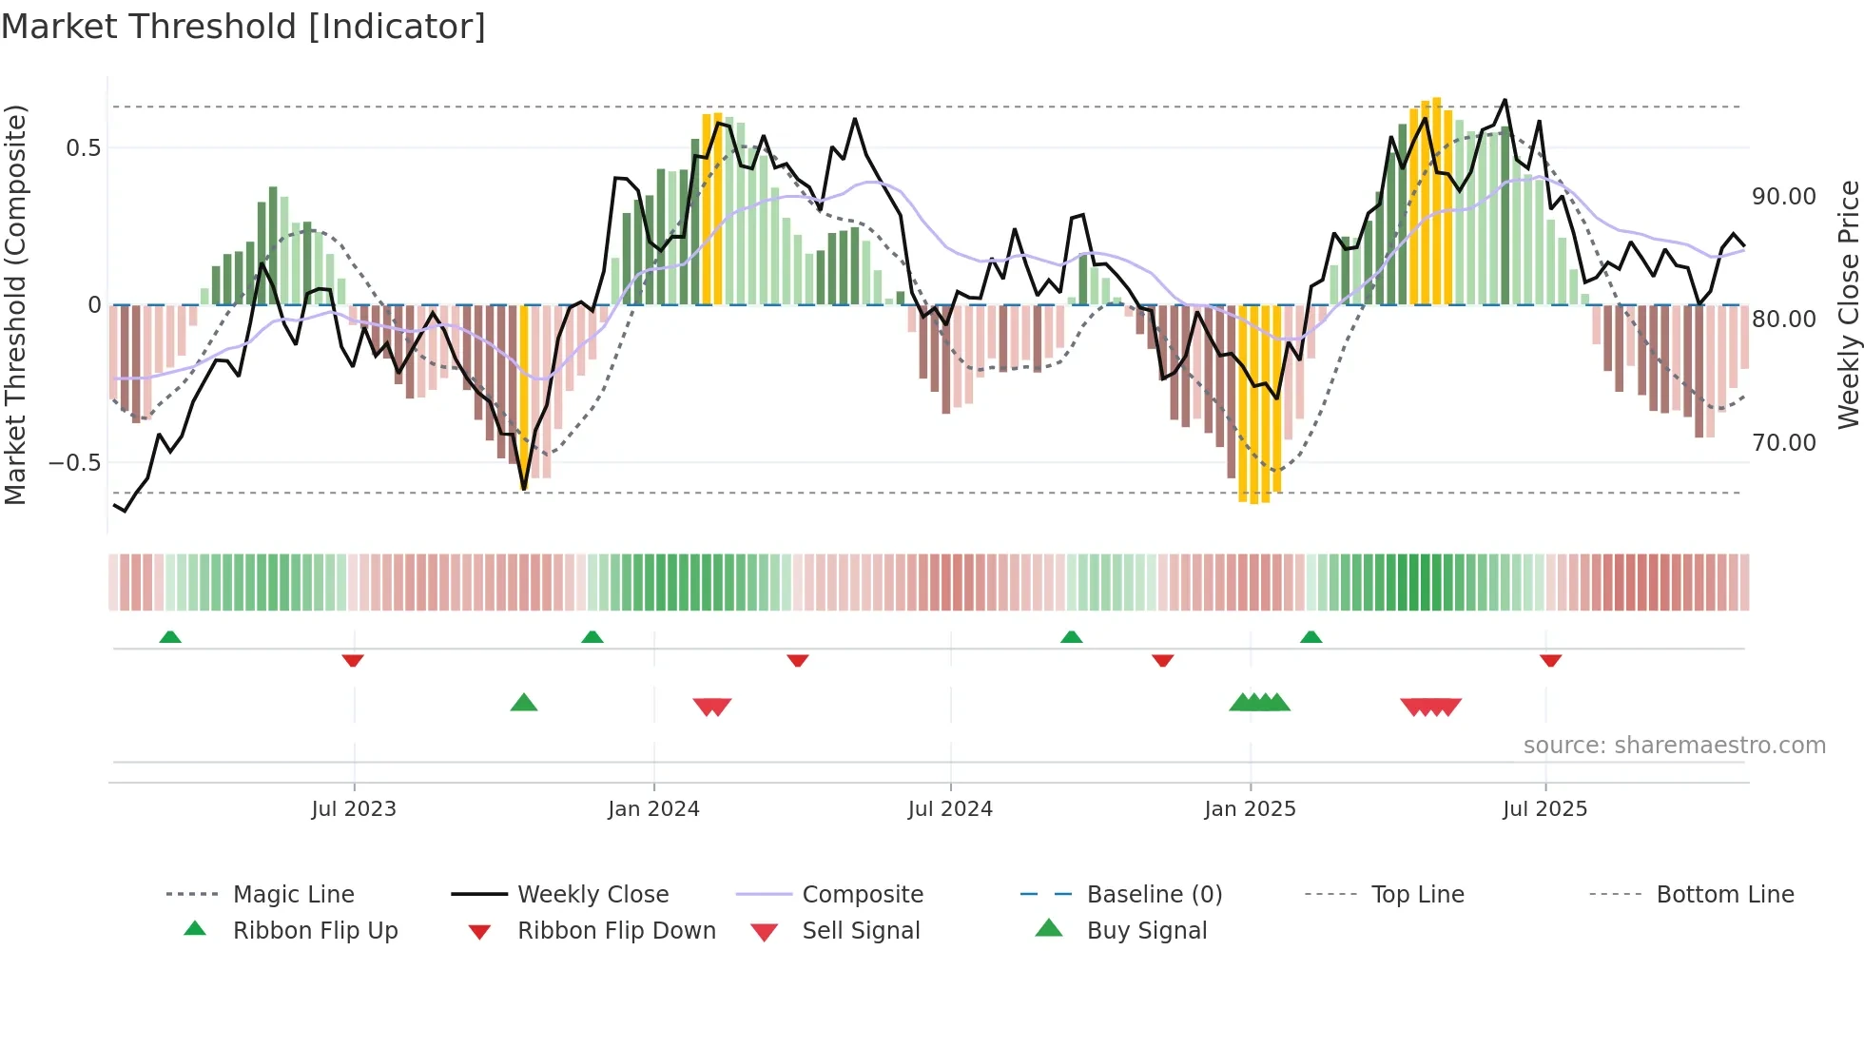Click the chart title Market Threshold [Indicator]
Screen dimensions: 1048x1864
(243, 27)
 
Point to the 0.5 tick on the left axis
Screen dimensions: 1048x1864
(83, 147)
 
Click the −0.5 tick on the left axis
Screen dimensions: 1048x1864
(74, 463)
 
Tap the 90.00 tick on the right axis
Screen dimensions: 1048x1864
(1783, 197)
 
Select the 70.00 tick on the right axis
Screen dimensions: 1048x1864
(1783, 443)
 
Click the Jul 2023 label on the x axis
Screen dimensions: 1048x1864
(354, 809)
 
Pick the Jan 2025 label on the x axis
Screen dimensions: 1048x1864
(1250, 809)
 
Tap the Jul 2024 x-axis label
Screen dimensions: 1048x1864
(950, 809)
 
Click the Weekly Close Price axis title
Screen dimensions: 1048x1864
(1848, 304)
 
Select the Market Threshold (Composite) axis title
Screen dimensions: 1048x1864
(15, 304)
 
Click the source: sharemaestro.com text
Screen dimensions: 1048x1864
(1674, 746)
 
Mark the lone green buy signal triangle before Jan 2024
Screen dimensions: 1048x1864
(524, 703)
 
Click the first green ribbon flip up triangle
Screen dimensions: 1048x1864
(170, 636)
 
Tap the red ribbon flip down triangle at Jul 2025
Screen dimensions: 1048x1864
(1550, 660)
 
